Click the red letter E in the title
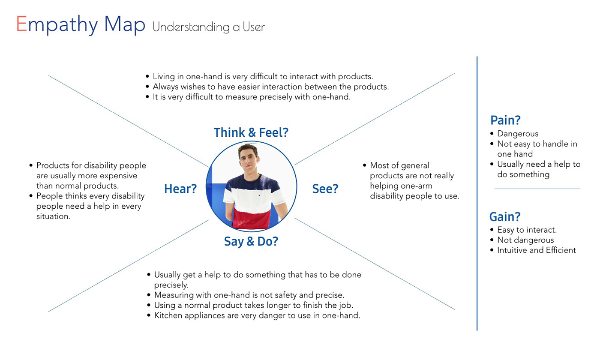[x=21, y=24]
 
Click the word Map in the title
[x=125, y=24]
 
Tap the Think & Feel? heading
[x=251, y=132]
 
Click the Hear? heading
[x=180, y=189]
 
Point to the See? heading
[x=325, y=189]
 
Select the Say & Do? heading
[x=251, y=242]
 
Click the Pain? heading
[x=505, y=120]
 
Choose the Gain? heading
[x=505, y=216]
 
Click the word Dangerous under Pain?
[x=518, y=134]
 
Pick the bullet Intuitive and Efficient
[x=537, y=250]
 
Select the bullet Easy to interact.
[x=527, y=230]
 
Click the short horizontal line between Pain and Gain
[x=537, y=189]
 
